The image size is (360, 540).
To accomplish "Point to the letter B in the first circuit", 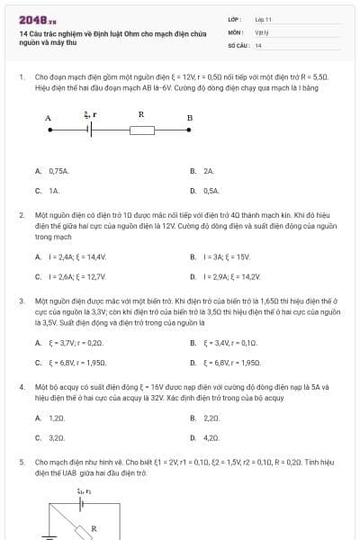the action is (x=189, y=118).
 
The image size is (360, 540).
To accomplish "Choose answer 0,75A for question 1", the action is (x=52, y=170).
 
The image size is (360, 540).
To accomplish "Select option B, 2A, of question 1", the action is (x=208, y=170).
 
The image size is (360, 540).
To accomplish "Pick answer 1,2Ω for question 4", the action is (x=56, y=418).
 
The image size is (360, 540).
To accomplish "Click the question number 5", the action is (x=22, y=461).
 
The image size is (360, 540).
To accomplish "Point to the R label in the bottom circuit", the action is (x=94, y=527).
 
